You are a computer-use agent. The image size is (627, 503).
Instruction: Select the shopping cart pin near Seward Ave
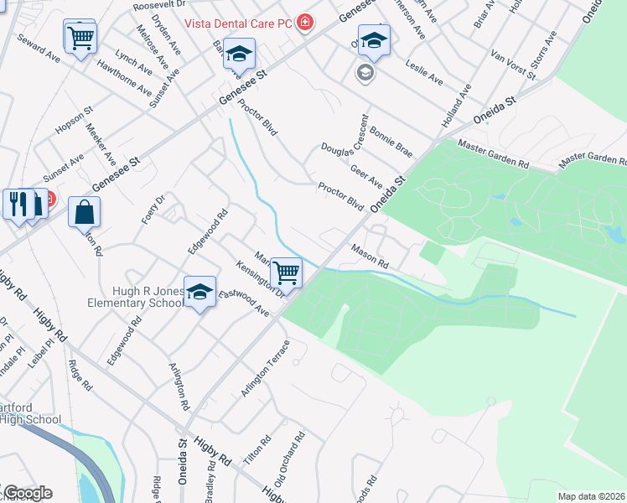pos(80,37)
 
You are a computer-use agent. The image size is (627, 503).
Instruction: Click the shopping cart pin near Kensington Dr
pos(287,273)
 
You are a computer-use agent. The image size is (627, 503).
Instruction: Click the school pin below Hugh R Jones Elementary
pos(199,293)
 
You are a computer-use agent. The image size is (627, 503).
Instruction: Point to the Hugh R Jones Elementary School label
pos(136,297)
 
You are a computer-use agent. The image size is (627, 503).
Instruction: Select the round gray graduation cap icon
pos(365,73)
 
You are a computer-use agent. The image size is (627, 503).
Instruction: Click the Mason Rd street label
pos(370,256)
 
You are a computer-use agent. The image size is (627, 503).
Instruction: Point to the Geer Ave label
pos(365,177)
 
